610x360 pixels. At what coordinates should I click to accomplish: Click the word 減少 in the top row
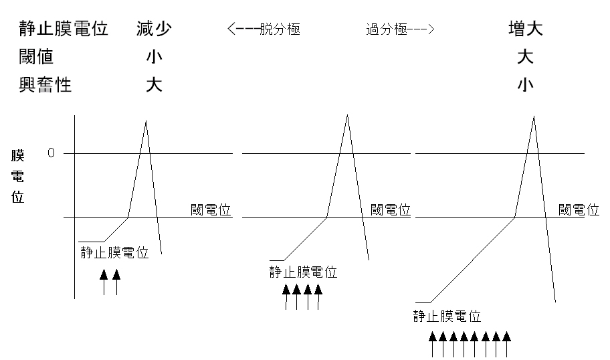click(x=154, y=29)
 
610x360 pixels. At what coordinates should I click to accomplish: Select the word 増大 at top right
click(x=526, y=29)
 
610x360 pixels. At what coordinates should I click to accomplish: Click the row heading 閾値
click(x=36, y=57)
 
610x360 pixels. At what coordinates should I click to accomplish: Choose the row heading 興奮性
click(x=45, y=85)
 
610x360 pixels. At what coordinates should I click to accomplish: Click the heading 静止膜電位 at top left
click(x=64, y=29)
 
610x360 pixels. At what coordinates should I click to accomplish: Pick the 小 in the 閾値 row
click(x=154, y=57)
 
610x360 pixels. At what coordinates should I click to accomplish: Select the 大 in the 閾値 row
click(x=525, y=57)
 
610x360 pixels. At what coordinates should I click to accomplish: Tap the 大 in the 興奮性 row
click(x=154, y=85)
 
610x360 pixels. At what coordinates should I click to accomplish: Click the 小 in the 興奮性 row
click(x=525, y=85)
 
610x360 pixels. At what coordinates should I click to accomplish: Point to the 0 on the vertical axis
click(x=51, y=153)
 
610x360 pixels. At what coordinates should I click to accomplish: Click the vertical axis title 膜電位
click(x=17, y=176)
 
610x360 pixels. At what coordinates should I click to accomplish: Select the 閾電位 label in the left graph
click(x=211, y=209)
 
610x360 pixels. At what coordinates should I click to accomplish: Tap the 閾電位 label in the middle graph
click(x=391, y=209)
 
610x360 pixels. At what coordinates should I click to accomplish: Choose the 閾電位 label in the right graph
click(x=579, y=209)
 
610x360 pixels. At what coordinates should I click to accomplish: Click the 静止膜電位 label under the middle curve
click(x=303, y=272)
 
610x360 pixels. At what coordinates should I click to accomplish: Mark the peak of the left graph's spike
click(x=146, y=121)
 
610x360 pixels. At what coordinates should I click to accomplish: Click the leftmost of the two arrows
click(x=104, y=282)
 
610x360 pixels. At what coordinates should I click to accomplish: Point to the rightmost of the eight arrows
click(x=506, y=344)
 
